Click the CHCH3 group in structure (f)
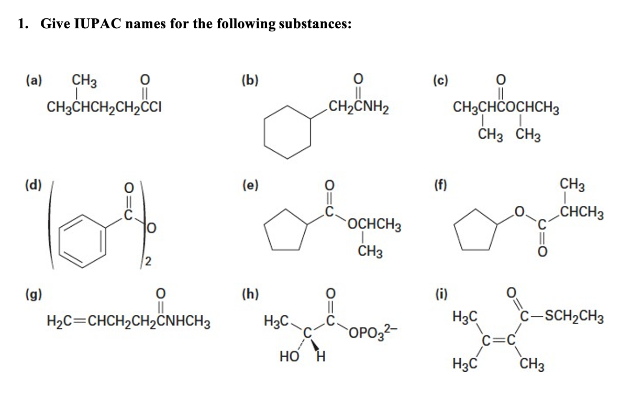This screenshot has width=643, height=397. pos(581,214)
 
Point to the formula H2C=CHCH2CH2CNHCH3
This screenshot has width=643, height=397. pos(128,319)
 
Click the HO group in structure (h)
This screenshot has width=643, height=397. pos(289,357)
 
